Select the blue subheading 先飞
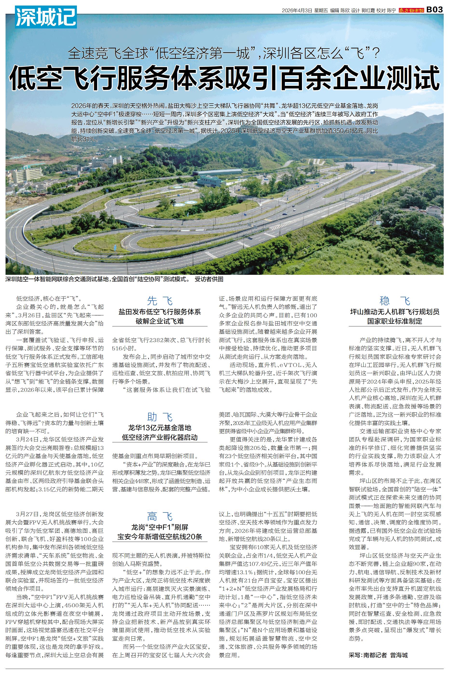tap(160, 301)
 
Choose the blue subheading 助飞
tap(160, 417)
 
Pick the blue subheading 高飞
tap(160, 516)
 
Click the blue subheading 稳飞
tap(395, 301)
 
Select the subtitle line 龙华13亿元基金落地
tap(160, 428)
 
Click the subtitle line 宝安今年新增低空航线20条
tap(160, 537)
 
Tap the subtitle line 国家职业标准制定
tap(395, 321)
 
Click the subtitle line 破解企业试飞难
tap(160, 321)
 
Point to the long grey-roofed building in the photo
tap(218, 172)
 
